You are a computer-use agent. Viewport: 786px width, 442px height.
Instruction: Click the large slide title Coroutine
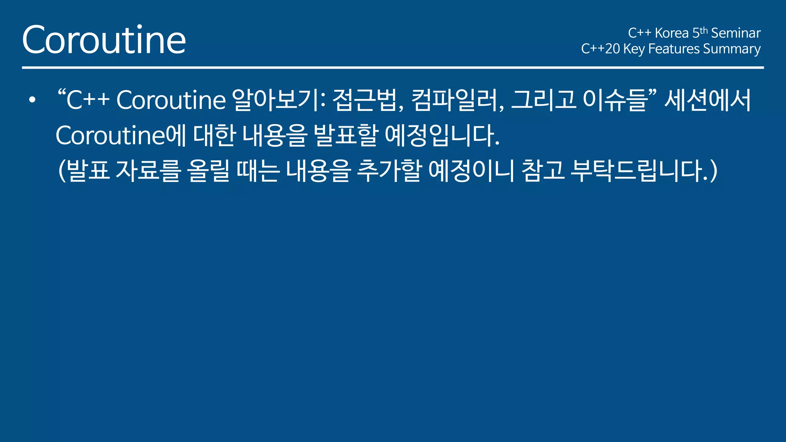tap(104, 40)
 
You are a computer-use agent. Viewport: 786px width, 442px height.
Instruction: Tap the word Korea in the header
tap(672, 33)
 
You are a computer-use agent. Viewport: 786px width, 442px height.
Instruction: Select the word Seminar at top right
tap(736, 33)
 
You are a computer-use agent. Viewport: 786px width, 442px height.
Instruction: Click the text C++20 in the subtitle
tap(600, 49)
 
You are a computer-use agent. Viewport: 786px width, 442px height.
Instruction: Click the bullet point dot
tap(32, 100)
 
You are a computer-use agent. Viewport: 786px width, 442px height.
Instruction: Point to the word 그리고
tap(543, 100)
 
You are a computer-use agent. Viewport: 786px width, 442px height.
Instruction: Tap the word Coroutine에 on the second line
tap(121, 135)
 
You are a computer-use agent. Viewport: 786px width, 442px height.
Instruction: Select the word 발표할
tap(346, 135)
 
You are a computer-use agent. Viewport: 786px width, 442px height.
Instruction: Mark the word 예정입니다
tap(441, 135)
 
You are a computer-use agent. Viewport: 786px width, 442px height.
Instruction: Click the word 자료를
tap(148, 171)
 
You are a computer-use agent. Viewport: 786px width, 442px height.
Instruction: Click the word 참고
tap(543, 171)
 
